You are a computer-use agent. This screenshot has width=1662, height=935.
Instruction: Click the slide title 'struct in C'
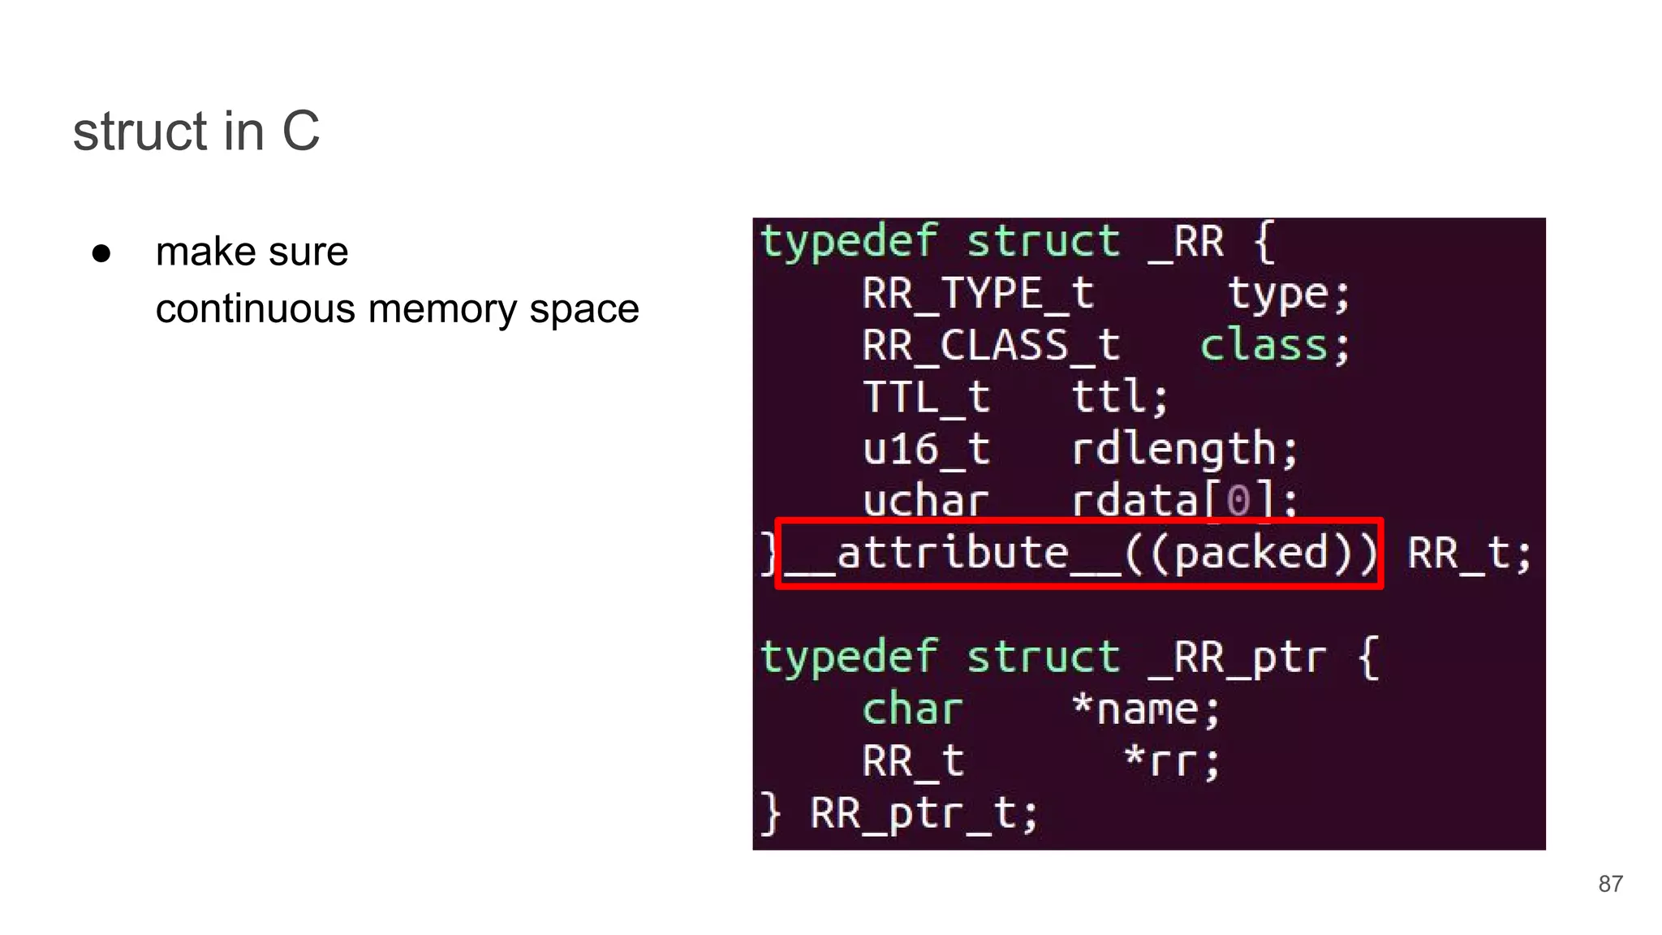[196, 131]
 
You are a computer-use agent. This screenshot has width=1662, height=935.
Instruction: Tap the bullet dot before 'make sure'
[101, 253]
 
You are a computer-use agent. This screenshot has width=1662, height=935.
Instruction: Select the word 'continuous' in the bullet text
[256, 309]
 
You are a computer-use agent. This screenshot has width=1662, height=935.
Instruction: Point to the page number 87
[1610, 884]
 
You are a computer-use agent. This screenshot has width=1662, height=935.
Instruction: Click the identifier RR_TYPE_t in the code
[978, 293]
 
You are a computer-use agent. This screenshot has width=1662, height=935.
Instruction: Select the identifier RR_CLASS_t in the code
[991, 345]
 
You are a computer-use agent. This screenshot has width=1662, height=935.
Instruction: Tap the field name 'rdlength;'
[1184, 450]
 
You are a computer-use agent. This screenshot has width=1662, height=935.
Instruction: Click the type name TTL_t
[927, 398]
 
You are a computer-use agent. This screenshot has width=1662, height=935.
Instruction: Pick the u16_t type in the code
[926, 450]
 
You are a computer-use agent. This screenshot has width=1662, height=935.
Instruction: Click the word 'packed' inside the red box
[1251, 554]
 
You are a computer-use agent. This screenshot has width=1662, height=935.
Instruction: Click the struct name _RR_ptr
[1238, 657]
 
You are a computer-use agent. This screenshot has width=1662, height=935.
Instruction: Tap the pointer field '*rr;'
[1172, 761]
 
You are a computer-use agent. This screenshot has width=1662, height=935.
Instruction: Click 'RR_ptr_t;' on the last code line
[924, 813]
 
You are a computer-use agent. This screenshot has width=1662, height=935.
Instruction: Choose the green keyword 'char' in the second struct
[912, 709]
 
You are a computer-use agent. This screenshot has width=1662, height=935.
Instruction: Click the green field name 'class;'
[1274, 345]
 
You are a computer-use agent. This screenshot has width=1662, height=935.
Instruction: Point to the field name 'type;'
[1288, 293]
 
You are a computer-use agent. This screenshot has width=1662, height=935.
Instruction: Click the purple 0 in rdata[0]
[1238, 501]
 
